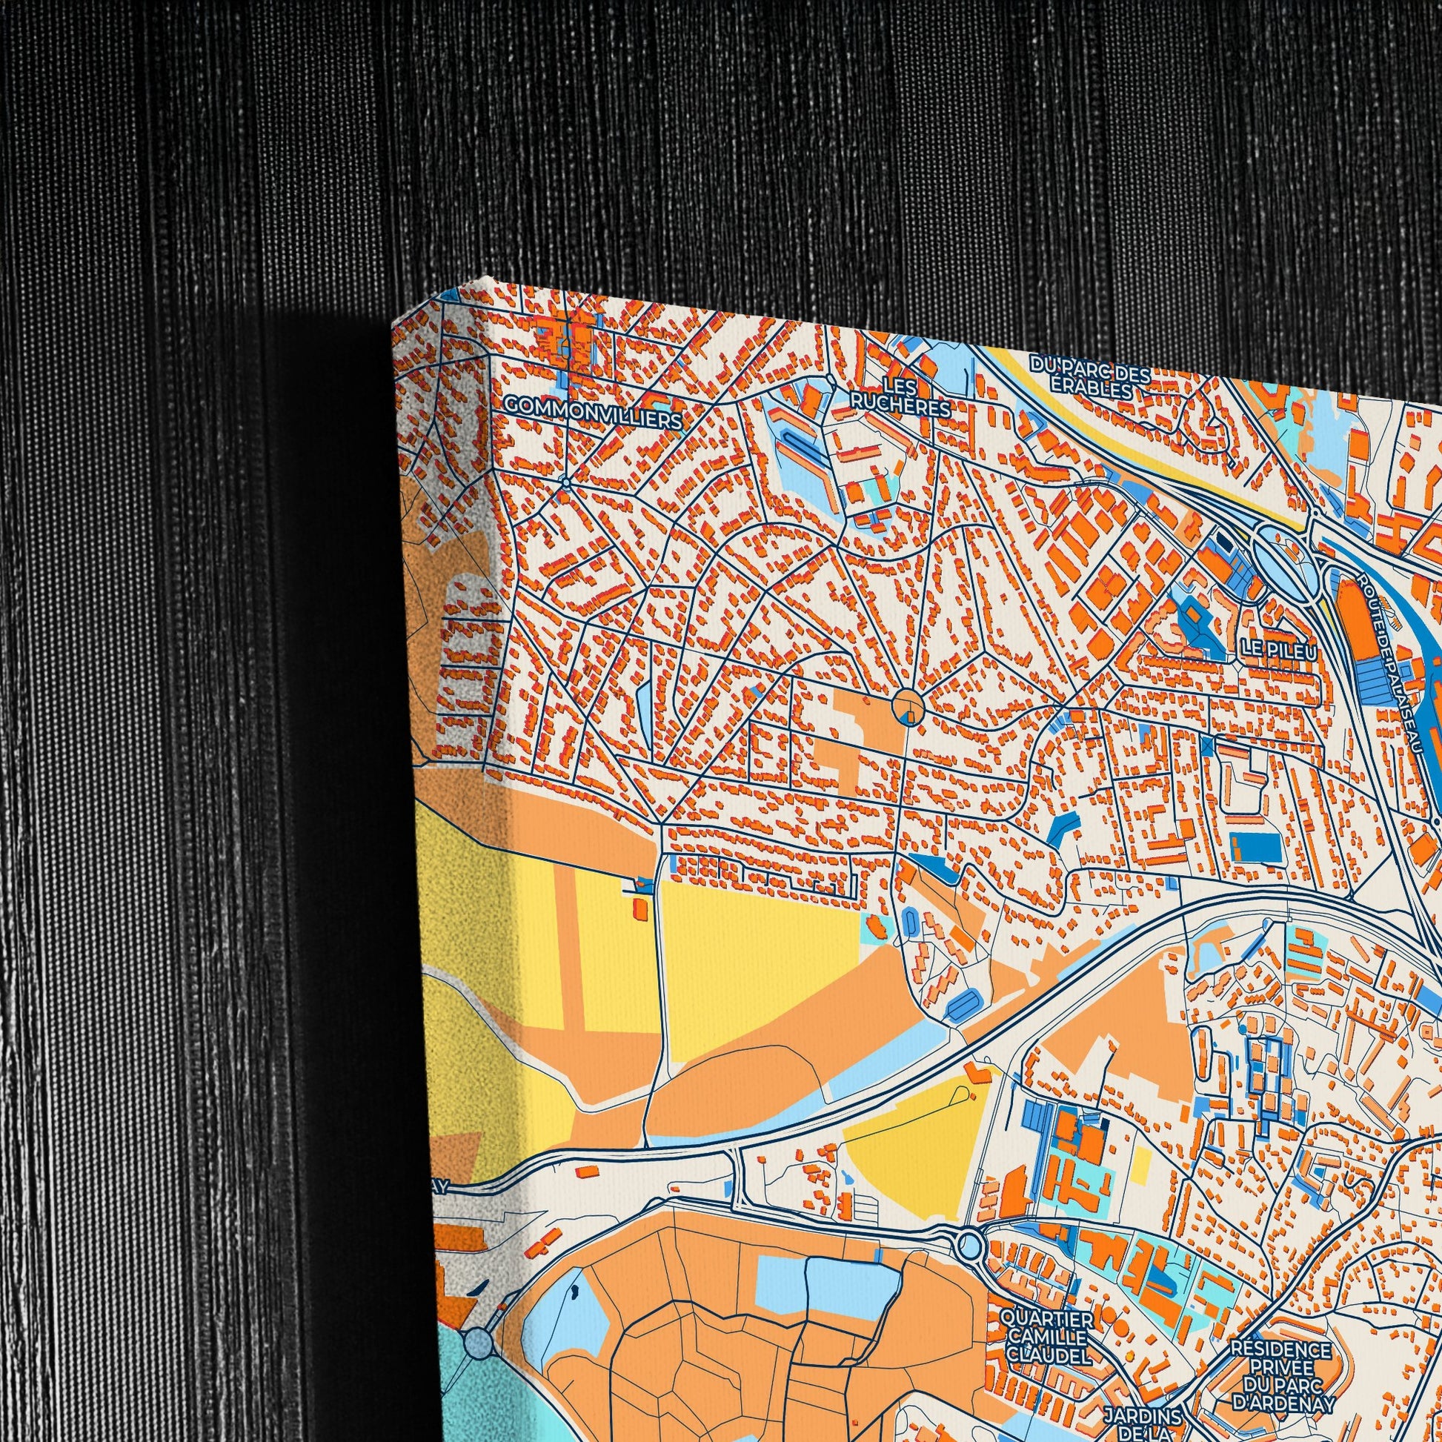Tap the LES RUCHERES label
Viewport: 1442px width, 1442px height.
[x=901, y=397]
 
